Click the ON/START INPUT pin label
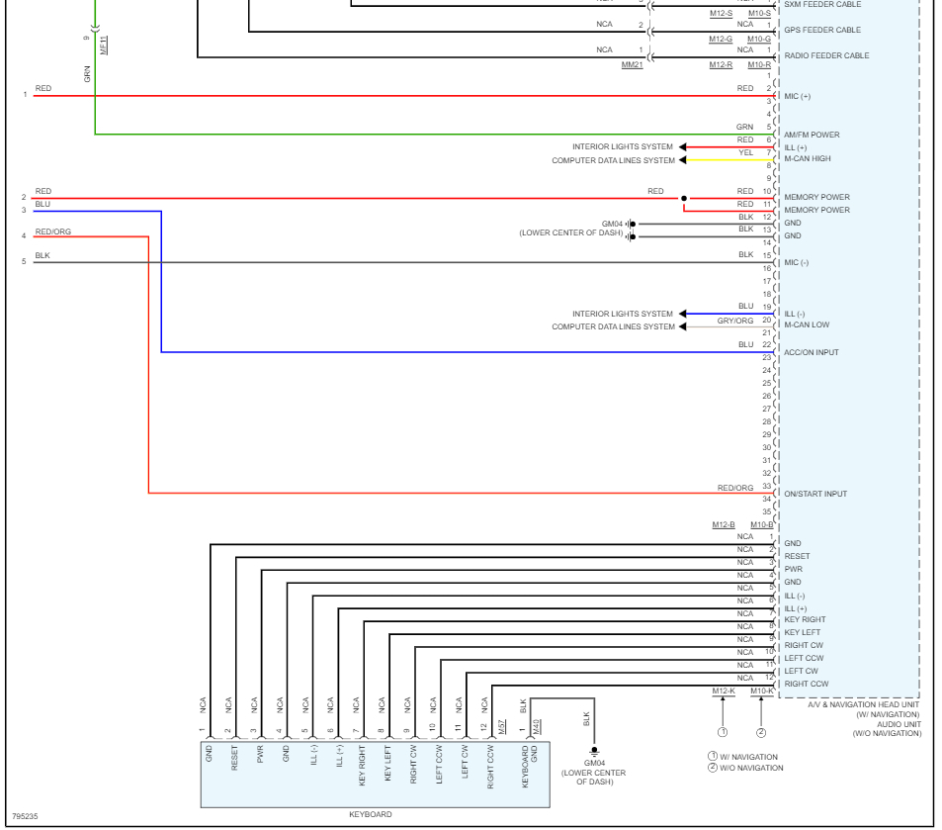(x=815, y=494)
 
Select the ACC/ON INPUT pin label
(x=812, y=352)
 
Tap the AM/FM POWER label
(x=812, y=135)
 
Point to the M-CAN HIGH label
(x=808, y=158)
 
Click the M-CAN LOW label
(x=807, y=324)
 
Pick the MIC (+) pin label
(x=797, y=96)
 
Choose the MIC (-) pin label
(x=796, y=262)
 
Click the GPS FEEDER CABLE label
(x=822, y=30)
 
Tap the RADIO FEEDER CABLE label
(x=826, y=55)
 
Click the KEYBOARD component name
(x=371, y=814)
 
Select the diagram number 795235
(x=25, y=817)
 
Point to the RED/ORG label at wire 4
(x=52, y=231)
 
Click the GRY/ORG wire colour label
(x=735, y=321)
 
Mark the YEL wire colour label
(x=746, y=152)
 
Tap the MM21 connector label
(x=632, y=64)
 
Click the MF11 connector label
(x=104, y=45)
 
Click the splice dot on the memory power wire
(x=683, y=198)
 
